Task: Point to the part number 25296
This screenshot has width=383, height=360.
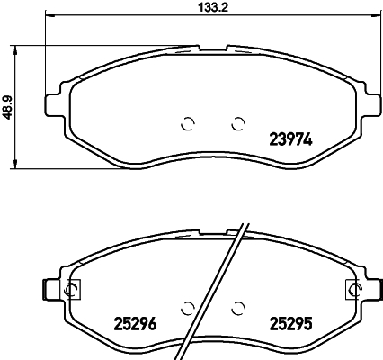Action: (135, 324)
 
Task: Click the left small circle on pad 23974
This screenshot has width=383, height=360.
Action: (188, 124)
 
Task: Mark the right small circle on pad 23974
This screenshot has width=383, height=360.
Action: (238, 124)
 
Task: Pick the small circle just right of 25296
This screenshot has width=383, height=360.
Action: (188, 307)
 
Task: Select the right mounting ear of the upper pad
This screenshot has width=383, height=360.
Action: (368, 96)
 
